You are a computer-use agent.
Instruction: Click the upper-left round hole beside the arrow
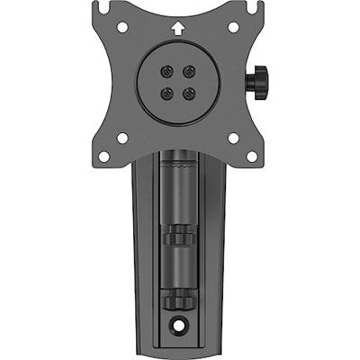126,28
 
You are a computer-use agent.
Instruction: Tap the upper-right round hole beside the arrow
233,28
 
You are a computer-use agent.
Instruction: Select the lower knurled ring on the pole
179,298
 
